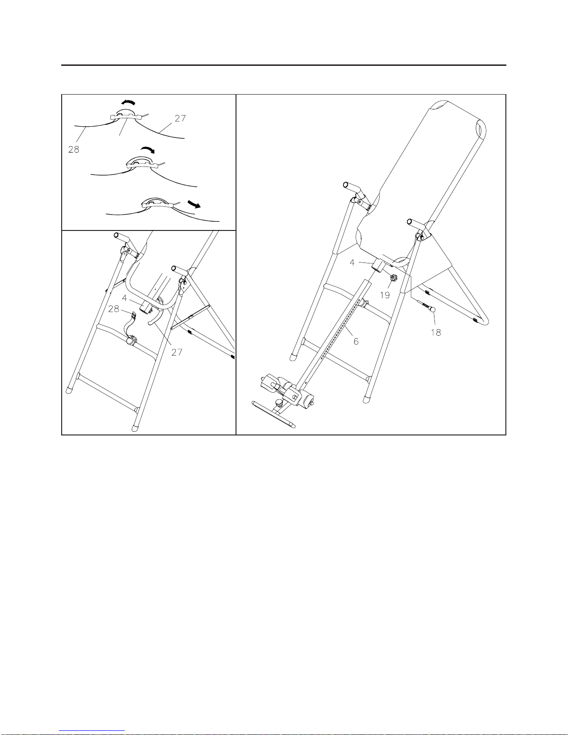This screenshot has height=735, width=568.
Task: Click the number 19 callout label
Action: pyautogui.click(x=385, y=295)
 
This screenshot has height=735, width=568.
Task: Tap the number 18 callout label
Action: pyautogui.click(x=436, y=332)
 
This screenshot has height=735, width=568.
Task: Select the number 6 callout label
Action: pyautogui.click(x=356, y=341)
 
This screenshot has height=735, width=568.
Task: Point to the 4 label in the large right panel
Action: pyautogui.click(x=352, y=262)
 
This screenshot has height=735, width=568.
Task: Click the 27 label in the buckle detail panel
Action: pyautogui.click(x=180, y=118)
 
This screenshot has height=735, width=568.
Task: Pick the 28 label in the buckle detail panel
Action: pyautogui.click(x=74, y=149)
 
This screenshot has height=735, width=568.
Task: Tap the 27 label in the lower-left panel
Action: pyautogui.click(x=177, y=352)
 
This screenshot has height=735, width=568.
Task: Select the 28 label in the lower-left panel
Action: pyautogui.click(x=114, y=309)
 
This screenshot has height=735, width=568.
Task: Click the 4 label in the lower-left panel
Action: pyautogui.click(x=124, y=298)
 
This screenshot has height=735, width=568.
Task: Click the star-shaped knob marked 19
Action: pyautogui.click(x=394, y=278)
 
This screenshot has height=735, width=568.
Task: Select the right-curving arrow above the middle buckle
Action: pyautogui.click(x=147, y=149)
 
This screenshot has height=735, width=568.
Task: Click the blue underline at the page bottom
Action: pyautogui.click(x=92, y=731)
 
